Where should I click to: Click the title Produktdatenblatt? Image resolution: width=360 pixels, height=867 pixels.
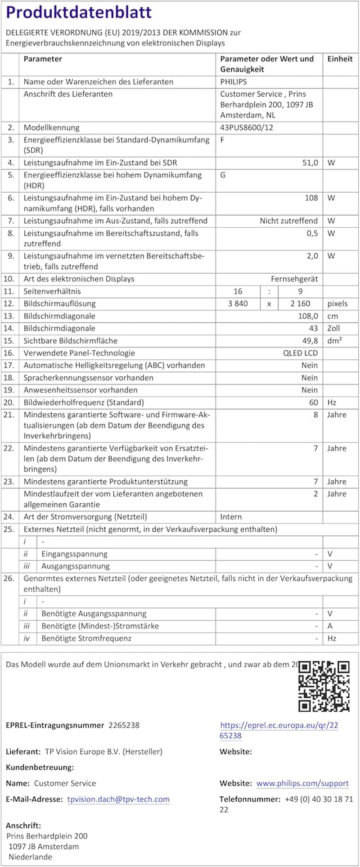click(79, 12)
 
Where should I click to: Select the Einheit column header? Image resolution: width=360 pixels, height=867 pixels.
click(340, 59)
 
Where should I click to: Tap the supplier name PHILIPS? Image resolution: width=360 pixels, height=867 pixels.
click(233, 82)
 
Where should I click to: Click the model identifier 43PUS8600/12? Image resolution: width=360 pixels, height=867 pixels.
click(246, 127)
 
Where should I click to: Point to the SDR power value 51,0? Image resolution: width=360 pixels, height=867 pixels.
click(310, 163)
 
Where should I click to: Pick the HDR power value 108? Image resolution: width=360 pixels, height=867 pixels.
click(311, 198)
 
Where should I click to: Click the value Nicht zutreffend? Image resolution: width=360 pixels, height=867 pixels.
click(288, 221)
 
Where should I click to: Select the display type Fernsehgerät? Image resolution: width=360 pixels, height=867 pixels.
click(294, 279)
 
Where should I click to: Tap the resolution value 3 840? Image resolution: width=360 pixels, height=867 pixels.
click(238, 303)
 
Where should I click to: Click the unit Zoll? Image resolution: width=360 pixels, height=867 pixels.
click(333, 328)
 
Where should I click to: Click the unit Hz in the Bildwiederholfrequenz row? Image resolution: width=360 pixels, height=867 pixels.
click(332, 402)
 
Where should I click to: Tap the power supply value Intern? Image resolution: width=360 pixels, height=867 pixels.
click(231, 517)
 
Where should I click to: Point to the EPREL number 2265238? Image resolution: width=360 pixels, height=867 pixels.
click(124, 725)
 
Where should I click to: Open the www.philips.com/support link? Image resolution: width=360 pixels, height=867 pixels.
click(302, 783)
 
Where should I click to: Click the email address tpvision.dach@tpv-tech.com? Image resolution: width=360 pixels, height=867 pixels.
click(118, 799)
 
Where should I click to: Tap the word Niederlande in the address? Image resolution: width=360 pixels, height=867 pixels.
click(30, 857)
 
